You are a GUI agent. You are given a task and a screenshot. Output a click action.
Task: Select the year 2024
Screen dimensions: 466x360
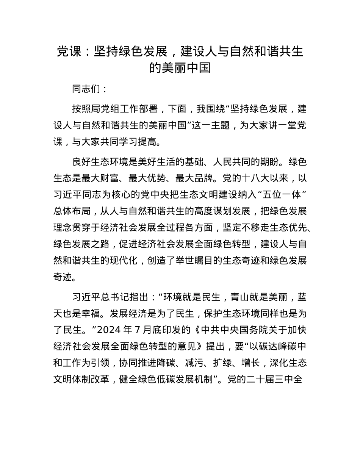109,330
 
